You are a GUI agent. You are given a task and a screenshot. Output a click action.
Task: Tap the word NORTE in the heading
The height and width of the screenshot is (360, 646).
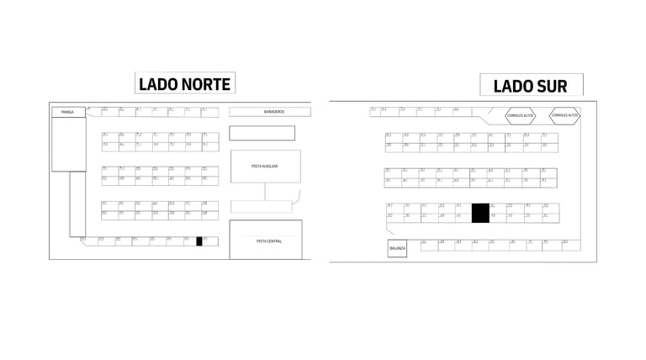tap(205, 83)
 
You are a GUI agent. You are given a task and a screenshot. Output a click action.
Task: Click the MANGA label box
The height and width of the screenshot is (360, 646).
tap(68, 112)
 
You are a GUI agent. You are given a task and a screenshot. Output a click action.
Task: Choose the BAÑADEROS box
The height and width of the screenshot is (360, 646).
tap(269, 112)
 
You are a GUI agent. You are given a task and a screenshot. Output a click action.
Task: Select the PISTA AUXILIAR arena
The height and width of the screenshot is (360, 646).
tap(265, 167)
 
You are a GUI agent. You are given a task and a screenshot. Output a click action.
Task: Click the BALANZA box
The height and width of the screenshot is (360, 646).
tap(397, 248)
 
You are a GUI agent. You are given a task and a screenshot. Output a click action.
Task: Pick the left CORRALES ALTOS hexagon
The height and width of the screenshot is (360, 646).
tap(520, 115)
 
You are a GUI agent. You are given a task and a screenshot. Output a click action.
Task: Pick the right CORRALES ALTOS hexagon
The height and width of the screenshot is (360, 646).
tap(564, 115)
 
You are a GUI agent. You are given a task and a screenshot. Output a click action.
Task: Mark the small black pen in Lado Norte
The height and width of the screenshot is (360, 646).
tap(199, 241)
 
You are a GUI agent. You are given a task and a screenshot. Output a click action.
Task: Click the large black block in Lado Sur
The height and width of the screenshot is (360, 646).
tap(479, 213)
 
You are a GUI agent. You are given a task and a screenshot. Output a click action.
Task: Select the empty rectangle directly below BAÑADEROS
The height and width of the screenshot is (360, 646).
tap(262, 133)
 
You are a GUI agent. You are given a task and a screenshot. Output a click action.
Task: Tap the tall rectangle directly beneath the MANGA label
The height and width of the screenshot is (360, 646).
tap(68, 144)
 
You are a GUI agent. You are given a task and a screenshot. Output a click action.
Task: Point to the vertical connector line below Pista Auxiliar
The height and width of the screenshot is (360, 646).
tap(265, 191)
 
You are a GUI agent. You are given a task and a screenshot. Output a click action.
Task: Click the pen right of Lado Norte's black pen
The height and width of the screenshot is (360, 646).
tap(210, 241)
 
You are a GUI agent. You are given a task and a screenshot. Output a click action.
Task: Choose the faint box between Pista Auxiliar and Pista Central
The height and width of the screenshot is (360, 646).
tap(261, 206)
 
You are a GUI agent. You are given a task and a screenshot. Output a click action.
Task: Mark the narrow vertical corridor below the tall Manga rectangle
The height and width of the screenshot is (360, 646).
tap(77, 204)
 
